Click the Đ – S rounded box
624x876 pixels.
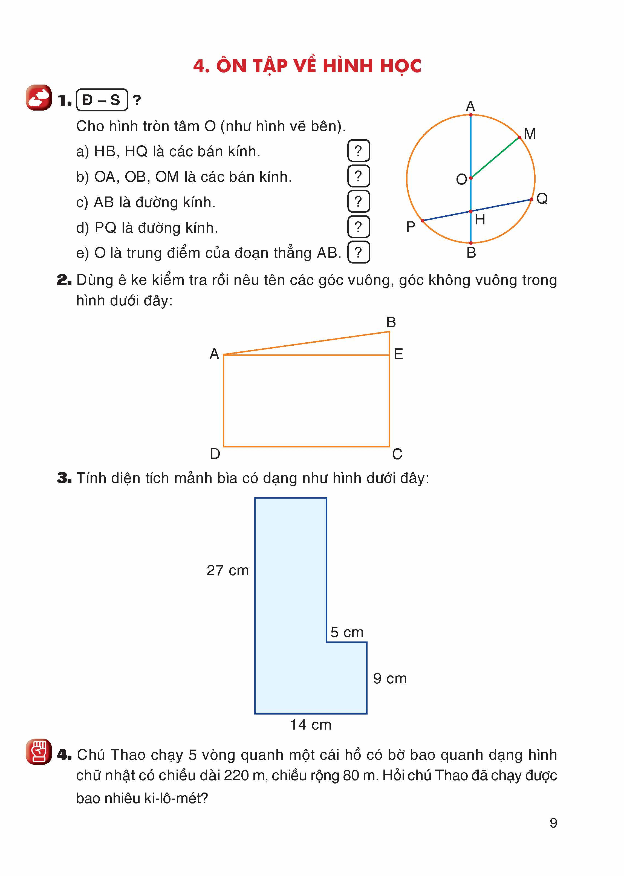[102, 100]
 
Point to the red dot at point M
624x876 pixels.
[519, 137]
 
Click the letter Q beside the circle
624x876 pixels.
[542, 199]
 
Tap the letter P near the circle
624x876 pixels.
[410, 227]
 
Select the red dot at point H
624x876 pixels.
[471, 211]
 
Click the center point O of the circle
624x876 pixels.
[471, 178]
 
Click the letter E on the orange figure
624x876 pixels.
[398, 354]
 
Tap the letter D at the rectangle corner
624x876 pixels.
[215, 454]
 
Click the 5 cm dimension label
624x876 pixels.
[346, 632]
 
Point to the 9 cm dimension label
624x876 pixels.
[390, 678]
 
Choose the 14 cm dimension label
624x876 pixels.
[310, 725]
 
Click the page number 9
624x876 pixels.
[553, 823]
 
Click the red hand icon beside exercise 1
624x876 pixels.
[39, 98]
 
